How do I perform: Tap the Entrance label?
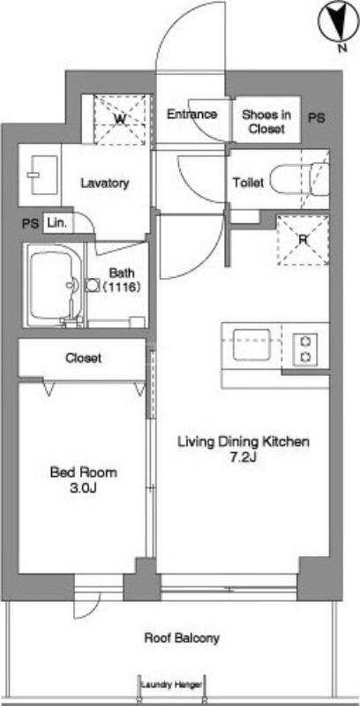192,115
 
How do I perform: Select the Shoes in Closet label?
266,122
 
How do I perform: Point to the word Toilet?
248,183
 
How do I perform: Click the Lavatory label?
105,184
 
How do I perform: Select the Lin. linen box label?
57,223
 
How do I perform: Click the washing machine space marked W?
119,120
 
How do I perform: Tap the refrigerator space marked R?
303,240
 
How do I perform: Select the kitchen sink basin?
251,345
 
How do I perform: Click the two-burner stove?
305,349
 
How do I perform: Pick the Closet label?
83,358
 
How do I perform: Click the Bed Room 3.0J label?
84,480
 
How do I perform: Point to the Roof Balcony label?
182,638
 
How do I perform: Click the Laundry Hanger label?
171,685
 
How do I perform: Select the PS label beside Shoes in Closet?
317,118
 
